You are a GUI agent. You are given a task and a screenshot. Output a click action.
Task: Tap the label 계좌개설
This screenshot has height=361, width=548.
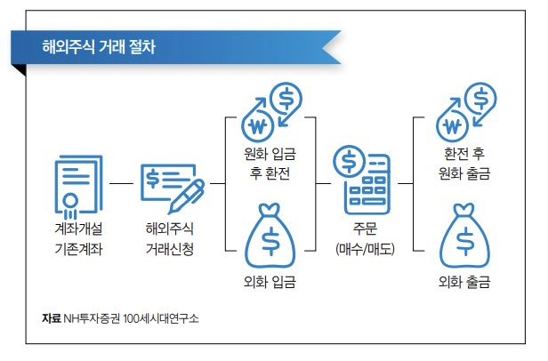click(x=79, y=227)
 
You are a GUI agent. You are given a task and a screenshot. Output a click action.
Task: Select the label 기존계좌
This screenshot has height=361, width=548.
click(x=79, y=248)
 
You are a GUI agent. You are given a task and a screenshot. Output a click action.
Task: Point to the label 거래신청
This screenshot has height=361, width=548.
click(x=169, y=248)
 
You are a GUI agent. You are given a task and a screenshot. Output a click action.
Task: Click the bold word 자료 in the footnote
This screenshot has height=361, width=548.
click(x=51, y=318)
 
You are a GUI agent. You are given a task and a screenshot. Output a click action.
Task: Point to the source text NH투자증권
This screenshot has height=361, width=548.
click(x=92, y=318)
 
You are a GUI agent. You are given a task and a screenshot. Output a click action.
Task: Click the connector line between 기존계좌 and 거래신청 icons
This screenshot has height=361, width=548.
click(x=121, y=184)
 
